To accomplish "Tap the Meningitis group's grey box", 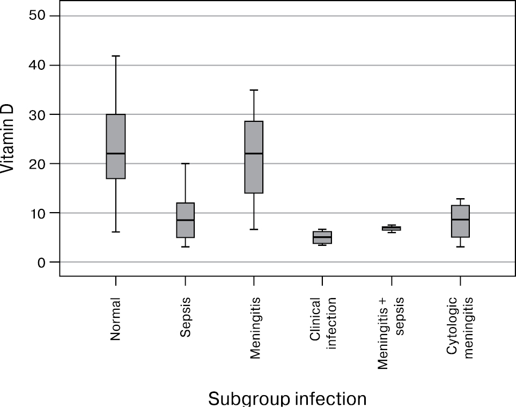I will (254, 172).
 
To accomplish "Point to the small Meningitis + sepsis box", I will (391, 228).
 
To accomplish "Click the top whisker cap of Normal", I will (115, 56).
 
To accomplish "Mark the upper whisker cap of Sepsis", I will (185, 164).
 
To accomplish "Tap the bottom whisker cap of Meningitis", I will (254, 229).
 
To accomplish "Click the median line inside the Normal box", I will (115, 154).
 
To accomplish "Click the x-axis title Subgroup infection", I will (288, 398).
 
